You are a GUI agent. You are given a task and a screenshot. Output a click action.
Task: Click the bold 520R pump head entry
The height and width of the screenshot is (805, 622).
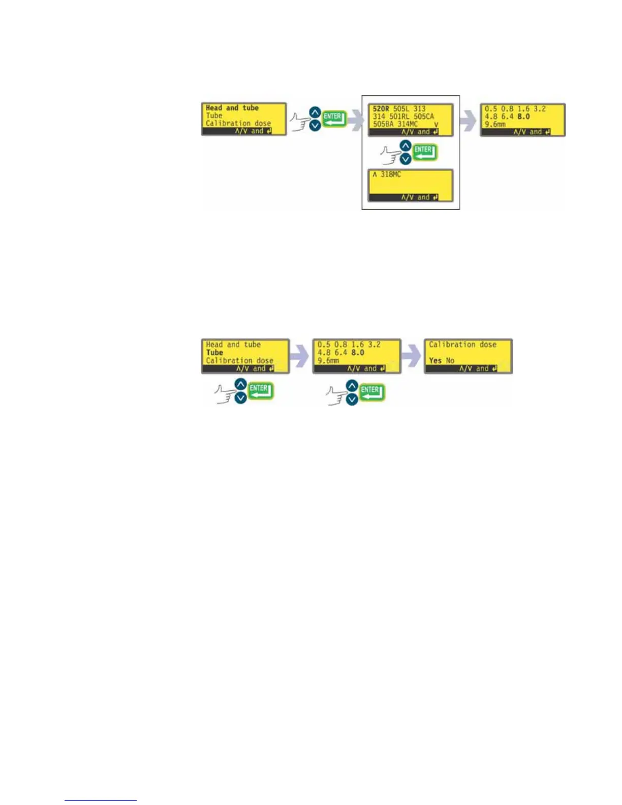[381, 109]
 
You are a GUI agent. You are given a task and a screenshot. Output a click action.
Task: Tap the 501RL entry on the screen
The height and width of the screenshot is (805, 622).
[399, 116]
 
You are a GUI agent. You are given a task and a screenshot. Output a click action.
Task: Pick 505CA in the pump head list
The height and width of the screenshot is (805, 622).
[424, 116]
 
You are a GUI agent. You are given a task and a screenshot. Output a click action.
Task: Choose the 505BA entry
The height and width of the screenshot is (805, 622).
[383, 124]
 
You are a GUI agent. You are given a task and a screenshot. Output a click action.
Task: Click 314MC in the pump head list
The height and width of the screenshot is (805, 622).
[408, 124]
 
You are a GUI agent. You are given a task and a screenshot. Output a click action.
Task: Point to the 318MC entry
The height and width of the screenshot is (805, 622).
[391, 174]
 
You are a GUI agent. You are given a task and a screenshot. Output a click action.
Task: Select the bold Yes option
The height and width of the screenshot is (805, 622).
[435, 360]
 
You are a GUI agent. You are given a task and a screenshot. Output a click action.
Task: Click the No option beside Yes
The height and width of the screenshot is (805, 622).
[450, 360]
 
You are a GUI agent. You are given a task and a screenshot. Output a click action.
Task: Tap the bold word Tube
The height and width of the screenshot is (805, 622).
[214, 352]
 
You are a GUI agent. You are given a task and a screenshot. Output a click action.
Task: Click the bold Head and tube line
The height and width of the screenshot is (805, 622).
[232, 108]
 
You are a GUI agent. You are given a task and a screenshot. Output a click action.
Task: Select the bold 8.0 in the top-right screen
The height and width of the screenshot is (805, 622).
[523, 116]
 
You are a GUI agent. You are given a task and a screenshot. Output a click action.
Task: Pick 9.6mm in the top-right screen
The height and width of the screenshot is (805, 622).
[495, 124]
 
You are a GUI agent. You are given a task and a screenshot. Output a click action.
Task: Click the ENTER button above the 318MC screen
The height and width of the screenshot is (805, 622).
[423, 151]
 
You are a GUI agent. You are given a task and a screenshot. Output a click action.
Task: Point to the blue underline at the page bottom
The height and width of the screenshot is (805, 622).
[101, 800]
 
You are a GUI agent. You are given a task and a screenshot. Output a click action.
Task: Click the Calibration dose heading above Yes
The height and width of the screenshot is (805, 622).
[462, 345]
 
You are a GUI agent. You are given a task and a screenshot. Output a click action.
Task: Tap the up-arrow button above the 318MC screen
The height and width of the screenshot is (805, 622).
[406, 146]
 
